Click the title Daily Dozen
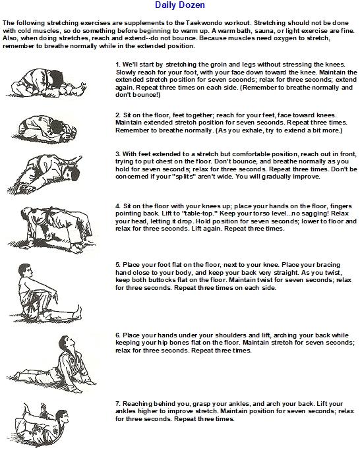(x=180, y=5)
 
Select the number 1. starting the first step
(x=118, y=65)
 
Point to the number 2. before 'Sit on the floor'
(x=118, y=115)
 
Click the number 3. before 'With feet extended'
(x=118, y=154)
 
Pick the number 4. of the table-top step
(x=118, y=206)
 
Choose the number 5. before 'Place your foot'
(x=118, y=265)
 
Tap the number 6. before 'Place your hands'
(x=118, y=335)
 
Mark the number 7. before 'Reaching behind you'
(x=118, y=404)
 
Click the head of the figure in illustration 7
(x=62, y=418)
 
